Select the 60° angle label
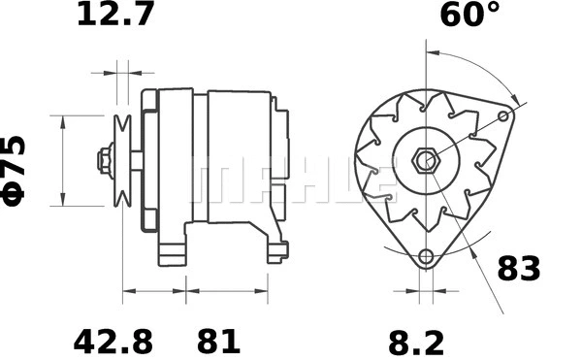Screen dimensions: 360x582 click(469, 16)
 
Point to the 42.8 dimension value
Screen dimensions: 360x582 click(113, 341)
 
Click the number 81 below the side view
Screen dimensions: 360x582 click(218, 341)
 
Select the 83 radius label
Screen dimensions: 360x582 click(519, 269)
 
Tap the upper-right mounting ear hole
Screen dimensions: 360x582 click(503, 116)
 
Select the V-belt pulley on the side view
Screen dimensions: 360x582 click(122, 159)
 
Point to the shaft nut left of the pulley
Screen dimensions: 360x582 click(102, 159)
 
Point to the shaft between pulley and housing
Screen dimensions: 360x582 click(137, 159)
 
